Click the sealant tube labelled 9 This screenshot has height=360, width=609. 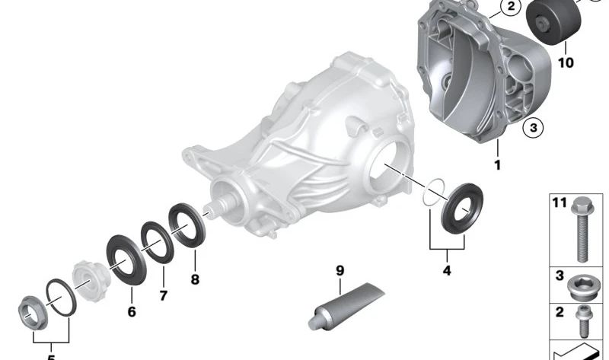coord(346,307)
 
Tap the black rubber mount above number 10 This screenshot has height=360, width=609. coord(553,23)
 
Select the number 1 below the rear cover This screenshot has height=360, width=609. coord(498,165)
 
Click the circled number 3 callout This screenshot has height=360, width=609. coord(534,127)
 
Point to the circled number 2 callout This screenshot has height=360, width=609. coord(511,6)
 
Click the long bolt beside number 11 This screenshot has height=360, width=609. coord(582,230)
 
